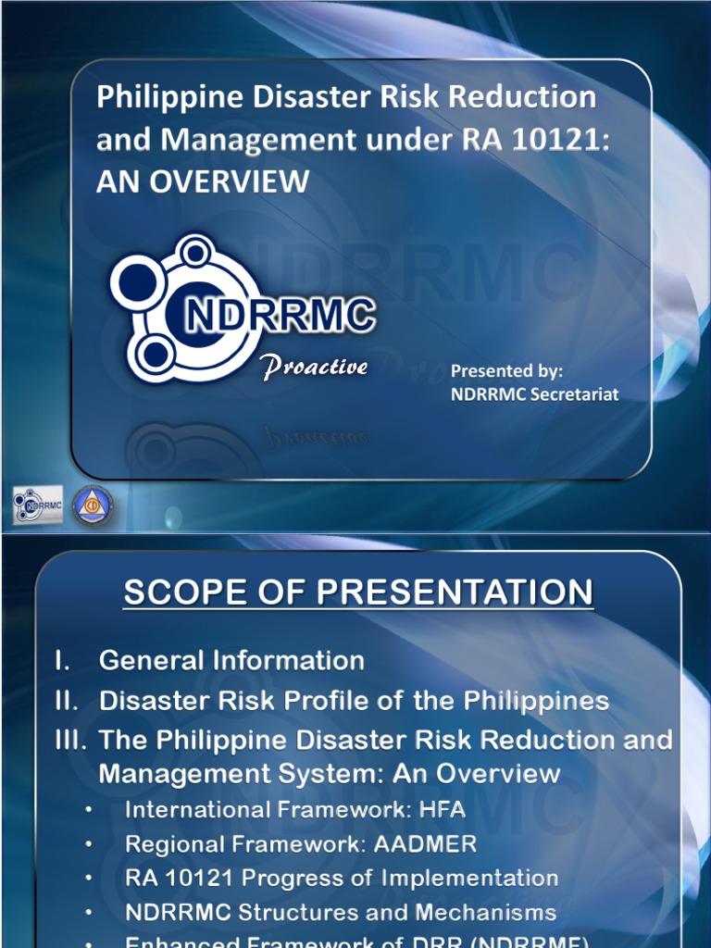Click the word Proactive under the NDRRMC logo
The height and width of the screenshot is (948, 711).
coord(315,367)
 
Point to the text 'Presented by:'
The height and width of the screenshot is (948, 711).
coord(506,371)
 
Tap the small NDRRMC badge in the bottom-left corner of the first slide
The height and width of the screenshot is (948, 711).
coord(38,505)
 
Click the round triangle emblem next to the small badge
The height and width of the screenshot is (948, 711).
coord(93,505)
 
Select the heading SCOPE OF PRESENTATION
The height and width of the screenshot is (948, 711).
coord(358,592)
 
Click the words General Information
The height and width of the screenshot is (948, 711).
coord(231,660)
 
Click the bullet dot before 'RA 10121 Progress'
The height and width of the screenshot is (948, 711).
coord(89,879)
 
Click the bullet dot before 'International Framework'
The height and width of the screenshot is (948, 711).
coord(89,810)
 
